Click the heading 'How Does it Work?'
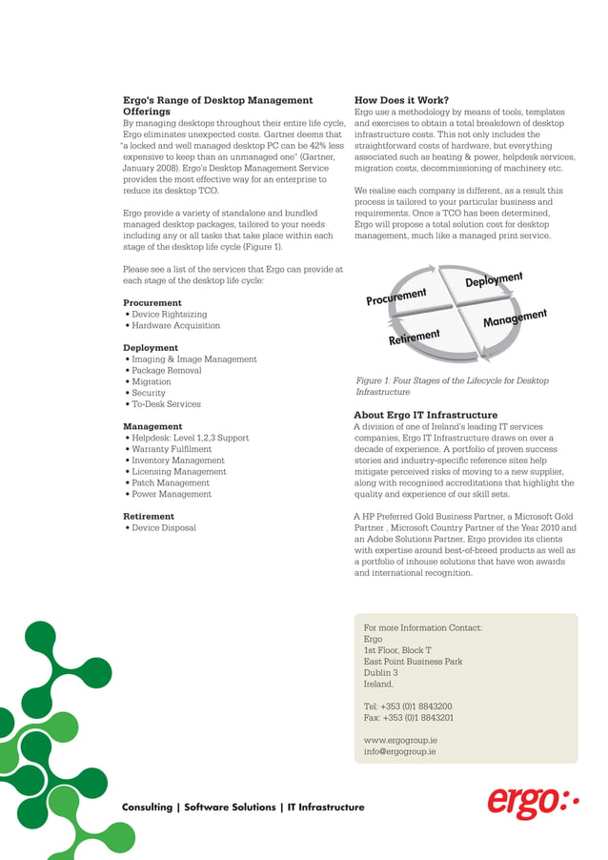tap(401, 100)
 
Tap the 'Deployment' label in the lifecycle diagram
tap(494, 280)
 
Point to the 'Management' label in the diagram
tap(514, 318)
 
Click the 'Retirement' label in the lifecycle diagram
tap(414, 337)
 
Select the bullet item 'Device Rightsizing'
tap(169, 315)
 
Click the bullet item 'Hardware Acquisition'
tap(175, 326)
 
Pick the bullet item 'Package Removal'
tap(166, 371)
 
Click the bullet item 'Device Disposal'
tap(163, 528)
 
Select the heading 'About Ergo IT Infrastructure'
tap(425, 416)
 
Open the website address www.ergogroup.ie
tap(400, 740)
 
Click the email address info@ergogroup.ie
tap(399, 751)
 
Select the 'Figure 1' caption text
tap(451, 386)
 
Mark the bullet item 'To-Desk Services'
tap(166, 404)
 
